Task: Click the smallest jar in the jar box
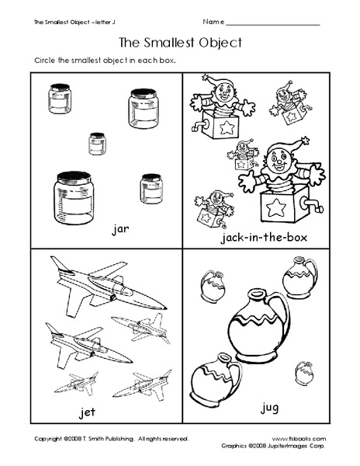pyautogui.click(x=97, y=144)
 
